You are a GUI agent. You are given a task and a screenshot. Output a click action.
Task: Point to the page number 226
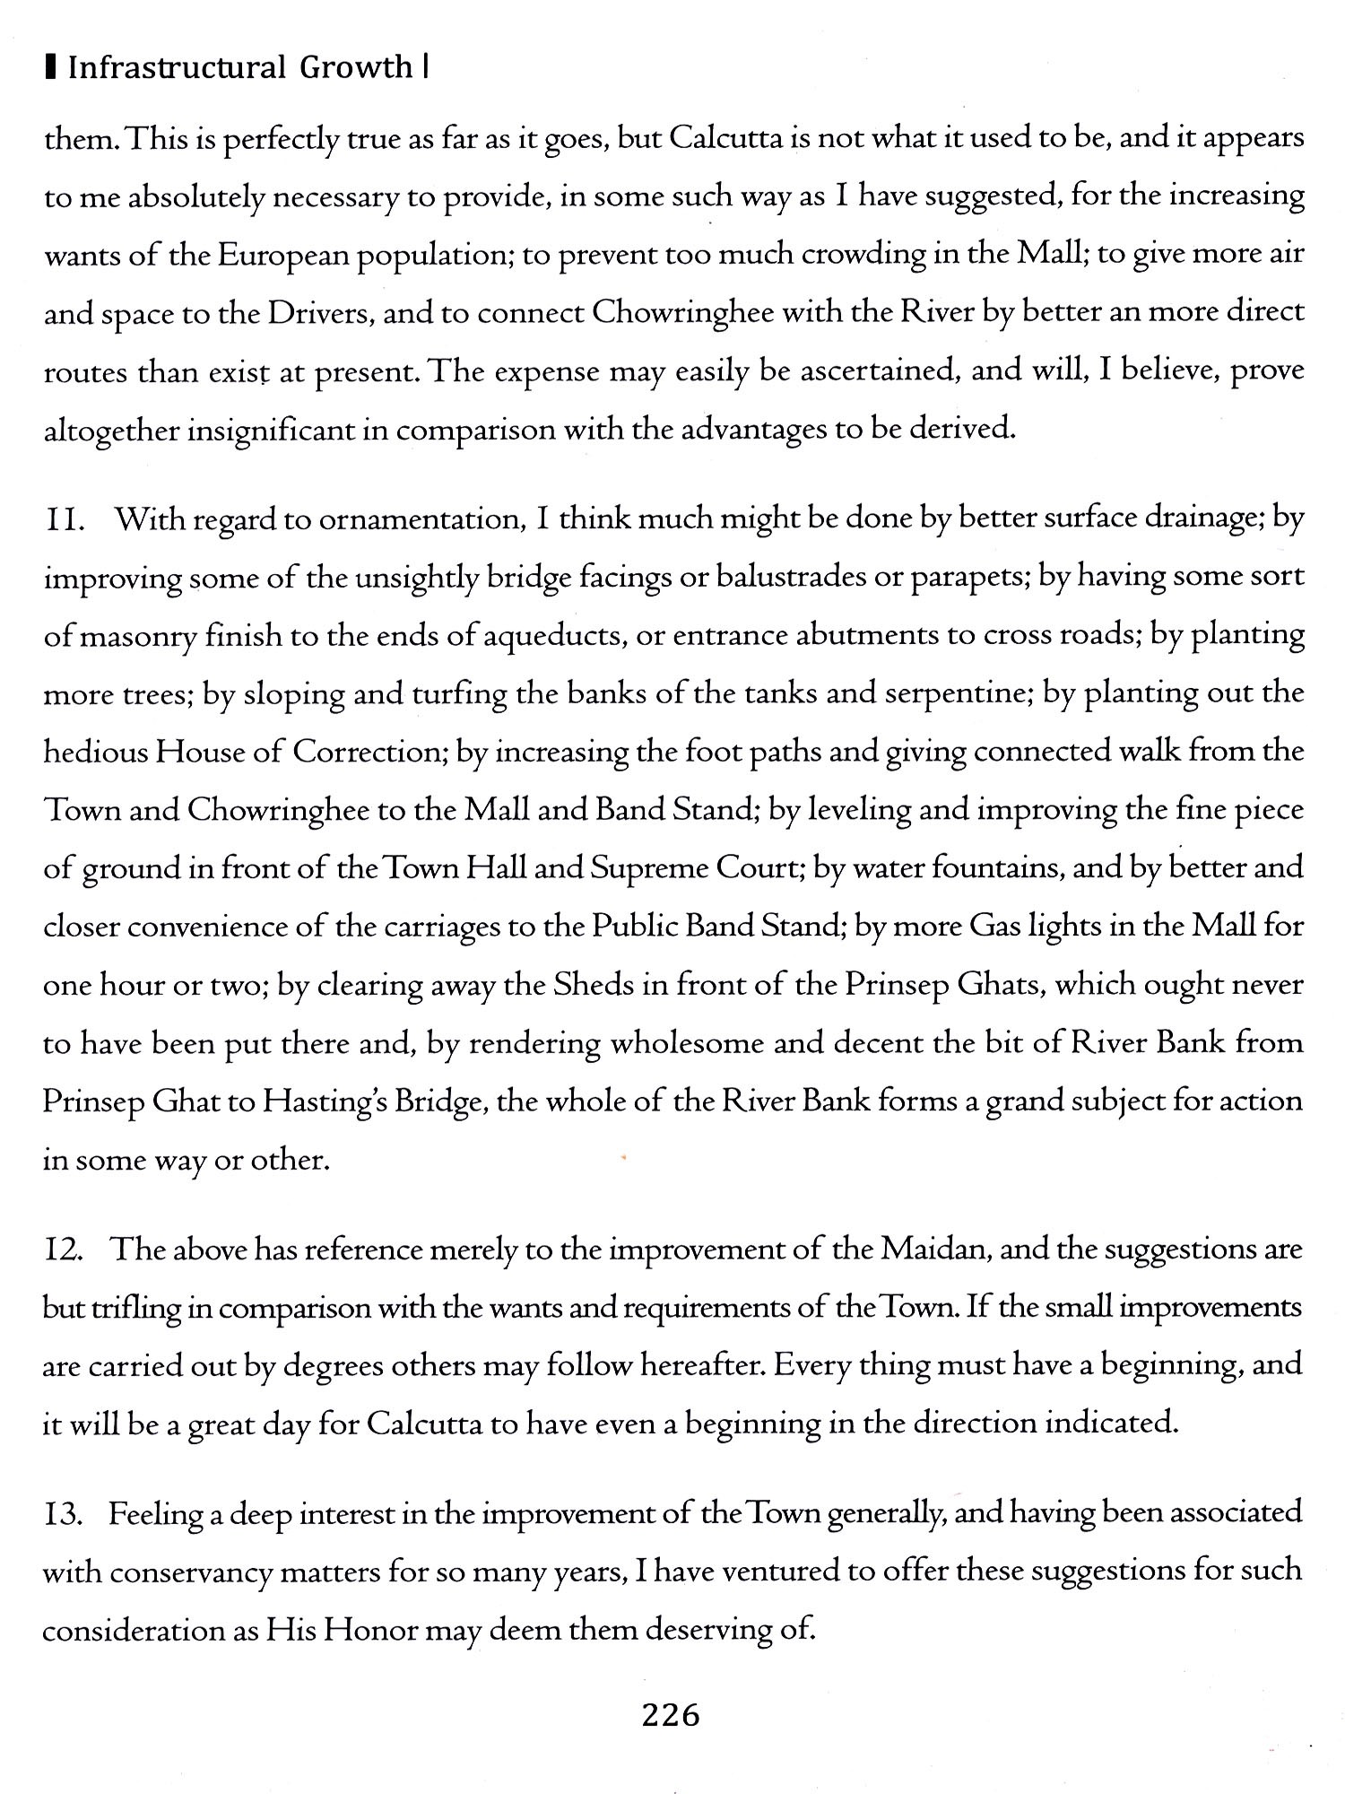671,1715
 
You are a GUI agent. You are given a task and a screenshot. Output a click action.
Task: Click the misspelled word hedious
95,752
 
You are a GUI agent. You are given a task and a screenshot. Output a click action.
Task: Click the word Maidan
934,1250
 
